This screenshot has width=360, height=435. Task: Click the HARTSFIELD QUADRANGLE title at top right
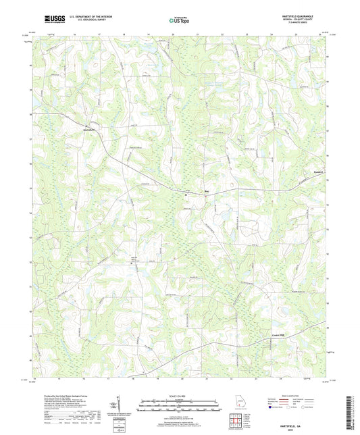coord(295,13)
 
